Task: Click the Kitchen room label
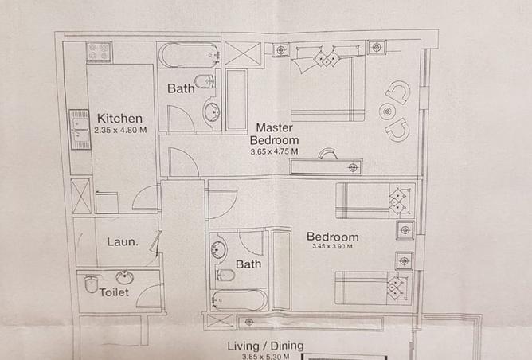(119, 119)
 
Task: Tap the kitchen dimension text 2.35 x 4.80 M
(120, 130)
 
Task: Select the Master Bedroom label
(275, 134)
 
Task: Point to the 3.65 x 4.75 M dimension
(275, 151)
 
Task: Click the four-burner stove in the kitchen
(99, 52)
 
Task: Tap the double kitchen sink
(80, 129)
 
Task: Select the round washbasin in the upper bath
(212, 112)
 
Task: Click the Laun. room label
(123, 242)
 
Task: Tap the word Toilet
(114, 292)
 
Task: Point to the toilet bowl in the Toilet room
(91, 284)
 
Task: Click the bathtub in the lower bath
(239, 300)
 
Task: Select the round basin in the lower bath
(218, 250)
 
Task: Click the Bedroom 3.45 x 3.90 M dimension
(333, 246)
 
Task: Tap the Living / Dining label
(266, 346)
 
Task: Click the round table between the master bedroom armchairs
(387, 112)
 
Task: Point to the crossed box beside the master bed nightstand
(243, 53)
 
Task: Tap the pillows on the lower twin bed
(396, 288)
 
